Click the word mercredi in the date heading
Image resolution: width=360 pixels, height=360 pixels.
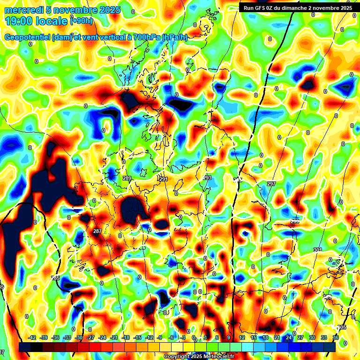[x=22, y=10]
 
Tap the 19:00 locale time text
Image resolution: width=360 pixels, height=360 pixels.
[x=36, y=21]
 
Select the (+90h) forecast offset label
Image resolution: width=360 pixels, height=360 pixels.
[x=82, y=21]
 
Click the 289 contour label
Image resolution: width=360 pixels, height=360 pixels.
[x=127, y=179]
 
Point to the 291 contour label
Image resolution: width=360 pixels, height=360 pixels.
[x=163, y=179]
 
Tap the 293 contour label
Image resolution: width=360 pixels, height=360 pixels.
[x=207, y=178]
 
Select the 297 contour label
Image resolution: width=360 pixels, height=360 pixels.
[x=271, y=184]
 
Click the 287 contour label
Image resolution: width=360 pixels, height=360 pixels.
[x=97, y=232]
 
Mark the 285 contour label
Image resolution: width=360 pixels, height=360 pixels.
[x=56, y=278]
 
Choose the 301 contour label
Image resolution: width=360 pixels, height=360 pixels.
[x=318, y=250]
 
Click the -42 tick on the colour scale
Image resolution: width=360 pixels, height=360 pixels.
[x=32, y=337]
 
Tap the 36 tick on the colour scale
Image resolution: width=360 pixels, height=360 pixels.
[x=336, y=337]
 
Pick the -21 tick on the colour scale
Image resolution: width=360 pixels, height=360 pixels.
[x=114, y=337]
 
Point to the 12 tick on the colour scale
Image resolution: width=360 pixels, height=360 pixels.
[x=242, y=337]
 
